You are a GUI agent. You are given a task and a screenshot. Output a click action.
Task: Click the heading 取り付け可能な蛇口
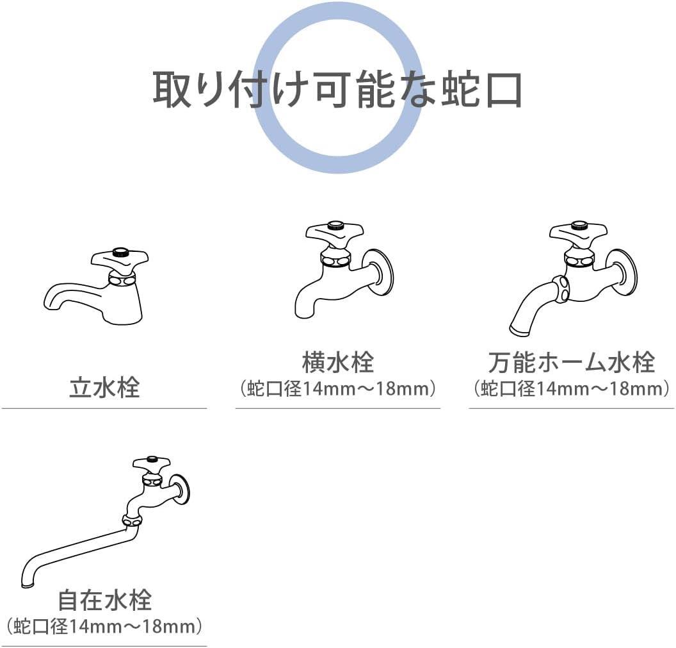337,89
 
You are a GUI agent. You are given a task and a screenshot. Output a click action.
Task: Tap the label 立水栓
104,388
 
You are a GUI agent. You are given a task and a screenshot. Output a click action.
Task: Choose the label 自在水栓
104,601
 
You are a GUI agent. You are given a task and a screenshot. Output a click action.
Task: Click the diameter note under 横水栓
337,389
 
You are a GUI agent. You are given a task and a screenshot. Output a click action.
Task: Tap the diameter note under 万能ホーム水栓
571,389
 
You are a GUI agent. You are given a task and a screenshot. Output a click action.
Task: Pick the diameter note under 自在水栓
104,626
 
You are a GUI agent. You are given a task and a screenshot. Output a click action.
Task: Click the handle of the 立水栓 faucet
120,258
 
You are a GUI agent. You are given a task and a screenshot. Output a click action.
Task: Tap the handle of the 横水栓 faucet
334,231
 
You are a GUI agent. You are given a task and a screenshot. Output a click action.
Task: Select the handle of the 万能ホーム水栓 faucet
579,232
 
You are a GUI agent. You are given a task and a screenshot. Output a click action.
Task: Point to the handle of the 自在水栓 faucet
152,463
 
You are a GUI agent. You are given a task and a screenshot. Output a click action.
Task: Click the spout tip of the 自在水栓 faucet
28,583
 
